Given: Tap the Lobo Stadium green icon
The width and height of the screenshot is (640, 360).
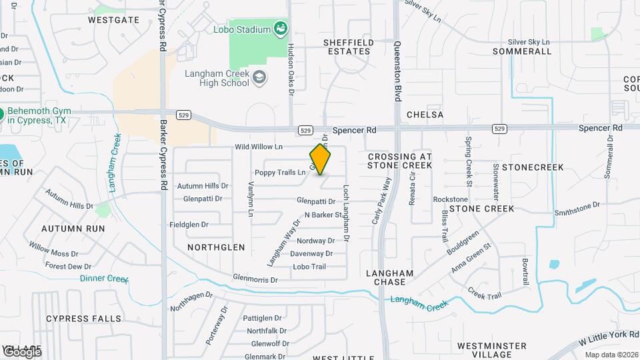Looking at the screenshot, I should pos(281,29).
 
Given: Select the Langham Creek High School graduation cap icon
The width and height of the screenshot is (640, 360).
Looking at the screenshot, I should pos(259,78).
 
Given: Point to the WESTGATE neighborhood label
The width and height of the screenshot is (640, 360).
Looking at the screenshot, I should pos(114,20).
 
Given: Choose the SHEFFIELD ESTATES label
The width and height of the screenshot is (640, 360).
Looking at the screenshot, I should pos(347,47).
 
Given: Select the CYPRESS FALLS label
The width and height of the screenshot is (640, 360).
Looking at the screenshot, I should pos(84,319).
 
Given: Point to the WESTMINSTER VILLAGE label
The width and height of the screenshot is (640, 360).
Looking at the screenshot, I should pos(492,350).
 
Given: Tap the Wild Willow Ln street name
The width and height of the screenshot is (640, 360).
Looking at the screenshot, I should pos(259,147).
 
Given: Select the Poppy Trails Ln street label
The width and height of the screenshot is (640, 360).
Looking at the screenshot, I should pos(279,173).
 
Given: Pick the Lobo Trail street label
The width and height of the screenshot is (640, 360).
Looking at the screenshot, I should pos(309,267).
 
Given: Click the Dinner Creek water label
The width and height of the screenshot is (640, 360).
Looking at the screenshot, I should pos(104,279).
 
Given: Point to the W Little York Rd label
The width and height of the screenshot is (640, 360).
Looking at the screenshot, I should pos(607,341).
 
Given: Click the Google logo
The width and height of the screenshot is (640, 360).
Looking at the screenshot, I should pos(22,352).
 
